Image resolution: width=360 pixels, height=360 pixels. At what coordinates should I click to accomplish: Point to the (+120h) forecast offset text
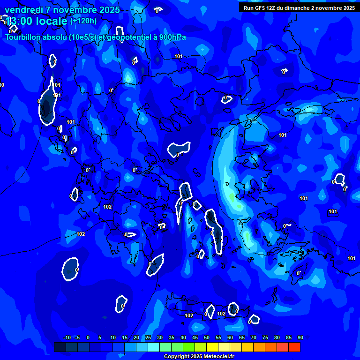83,21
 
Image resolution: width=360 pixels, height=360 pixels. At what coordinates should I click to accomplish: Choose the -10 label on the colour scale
67,338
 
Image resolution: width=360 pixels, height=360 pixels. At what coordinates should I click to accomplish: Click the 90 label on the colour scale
300,338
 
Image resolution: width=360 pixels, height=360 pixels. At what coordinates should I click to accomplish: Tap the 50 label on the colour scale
207,338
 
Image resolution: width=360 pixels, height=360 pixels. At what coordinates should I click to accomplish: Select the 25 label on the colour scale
148,338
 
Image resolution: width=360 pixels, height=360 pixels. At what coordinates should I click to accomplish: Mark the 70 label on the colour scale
254,338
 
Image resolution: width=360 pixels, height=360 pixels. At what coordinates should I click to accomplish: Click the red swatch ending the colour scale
294,347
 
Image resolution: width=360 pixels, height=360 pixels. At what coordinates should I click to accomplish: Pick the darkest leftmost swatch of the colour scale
60,347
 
